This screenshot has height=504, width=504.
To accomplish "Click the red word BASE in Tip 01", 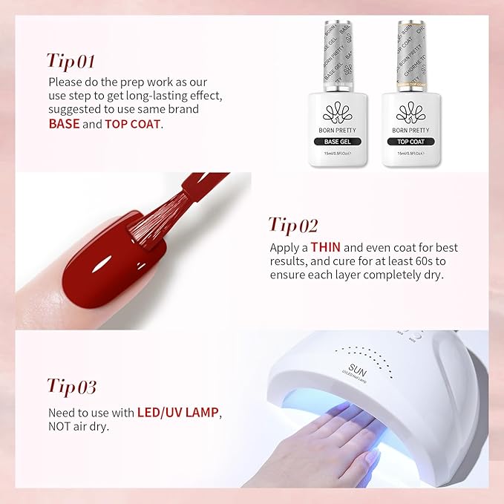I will coord(64,124).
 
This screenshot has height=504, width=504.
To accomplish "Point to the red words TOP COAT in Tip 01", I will coord(132,124).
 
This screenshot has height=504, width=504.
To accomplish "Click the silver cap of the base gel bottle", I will coord(340,59).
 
